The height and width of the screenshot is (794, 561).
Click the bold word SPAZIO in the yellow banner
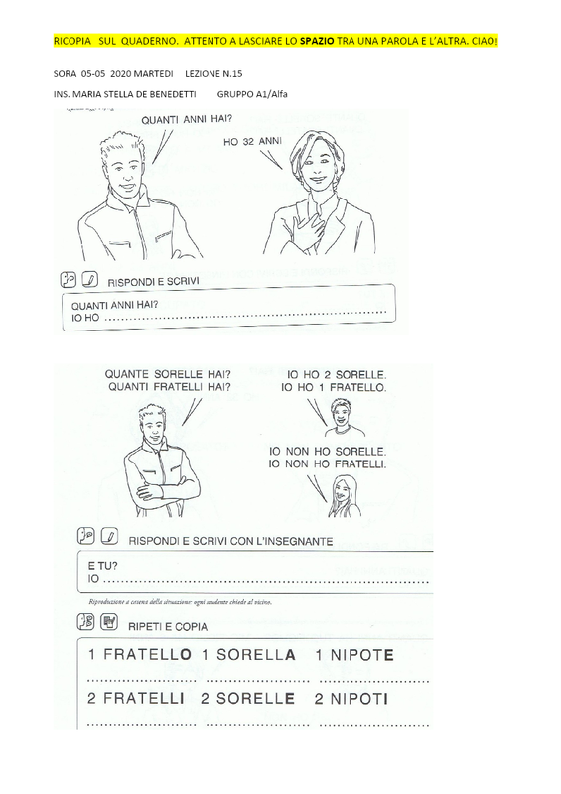pos(317,41)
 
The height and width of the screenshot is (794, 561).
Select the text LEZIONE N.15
pos(213,73)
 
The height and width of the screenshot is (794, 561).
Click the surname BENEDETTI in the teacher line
pos(173,94)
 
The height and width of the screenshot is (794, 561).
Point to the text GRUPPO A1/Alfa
pos(252,94)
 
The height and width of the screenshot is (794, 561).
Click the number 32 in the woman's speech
pos(248,142)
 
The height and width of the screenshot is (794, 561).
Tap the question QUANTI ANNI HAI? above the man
pos(187,119)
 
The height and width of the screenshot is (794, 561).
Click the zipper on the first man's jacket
pos(137,228)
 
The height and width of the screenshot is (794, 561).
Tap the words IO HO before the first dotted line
pos(85,318)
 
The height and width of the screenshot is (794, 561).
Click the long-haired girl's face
pos(343,489)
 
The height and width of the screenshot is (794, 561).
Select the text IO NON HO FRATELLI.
pos(327,463)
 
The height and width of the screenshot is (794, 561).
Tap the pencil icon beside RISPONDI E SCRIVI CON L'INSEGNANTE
pos(109,536)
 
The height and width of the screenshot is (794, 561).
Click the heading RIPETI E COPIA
pos(168,627)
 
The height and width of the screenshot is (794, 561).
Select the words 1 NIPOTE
pos(353,655)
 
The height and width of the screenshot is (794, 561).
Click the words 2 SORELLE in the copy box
pos(247,699)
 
